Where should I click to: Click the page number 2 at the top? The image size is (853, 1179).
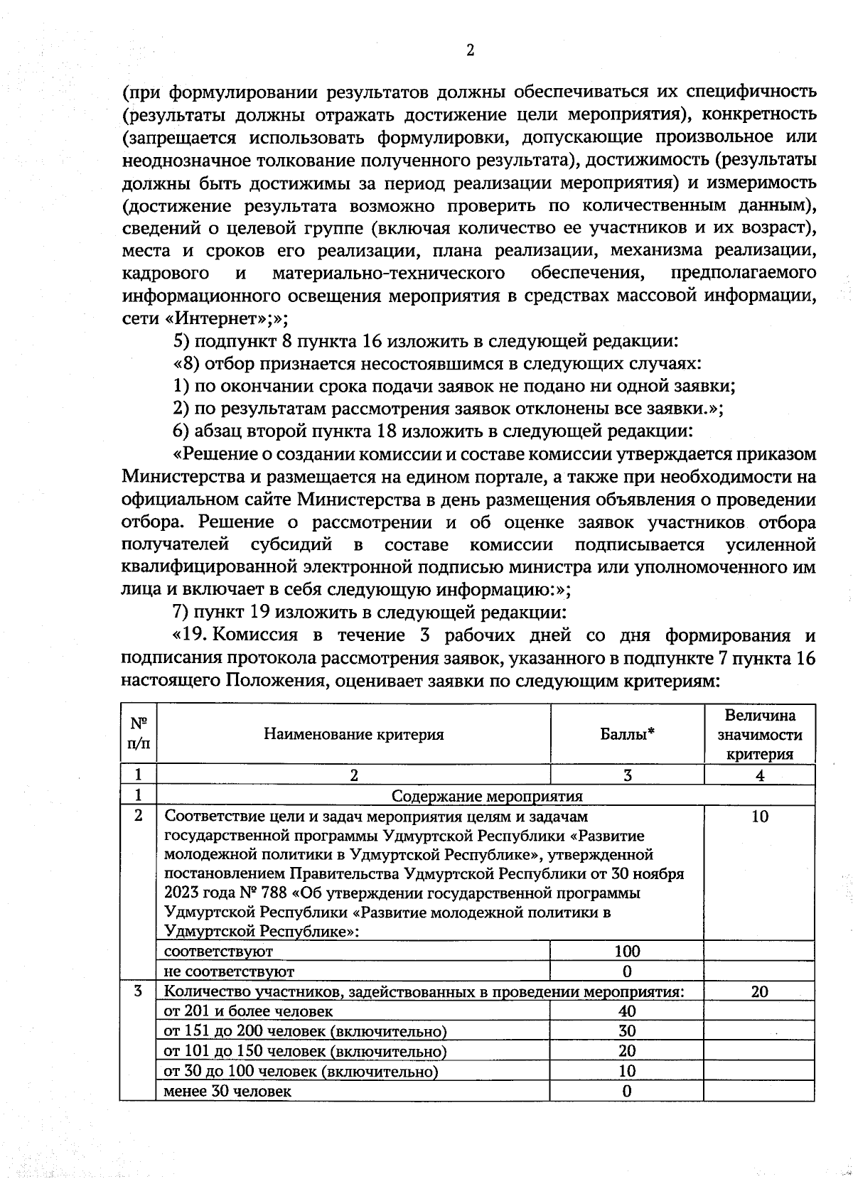click(469, 50)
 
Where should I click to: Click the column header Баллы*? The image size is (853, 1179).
click(627, 734)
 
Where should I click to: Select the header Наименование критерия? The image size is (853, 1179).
click(353, 734)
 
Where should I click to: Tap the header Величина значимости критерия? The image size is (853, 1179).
click(759, 734)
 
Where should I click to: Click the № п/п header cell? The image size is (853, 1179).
click(139, 734)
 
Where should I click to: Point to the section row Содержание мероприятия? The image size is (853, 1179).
click(487, 796)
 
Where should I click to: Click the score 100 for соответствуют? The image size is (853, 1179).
click(627, 951)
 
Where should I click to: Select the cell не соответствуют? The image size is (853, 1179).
click(229, 971)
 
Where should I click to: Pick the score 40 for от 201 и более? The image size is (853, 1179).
click(627, 1011)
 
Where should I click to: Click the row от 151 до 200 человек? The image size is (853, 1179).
click(306, 1030)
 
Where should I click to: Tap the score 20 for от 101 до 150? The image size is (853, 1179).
click(627, 1050)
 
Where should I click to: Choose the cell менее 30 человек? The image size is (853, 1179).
click(227, 1091)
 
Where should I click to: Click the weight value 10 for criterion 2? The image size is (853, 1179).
click(759, 817)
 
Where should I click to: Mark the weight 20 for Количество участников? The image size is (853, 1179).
click(759, 991)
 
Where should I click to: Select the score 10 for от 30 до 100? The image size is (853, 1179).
click(627, 1071)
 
